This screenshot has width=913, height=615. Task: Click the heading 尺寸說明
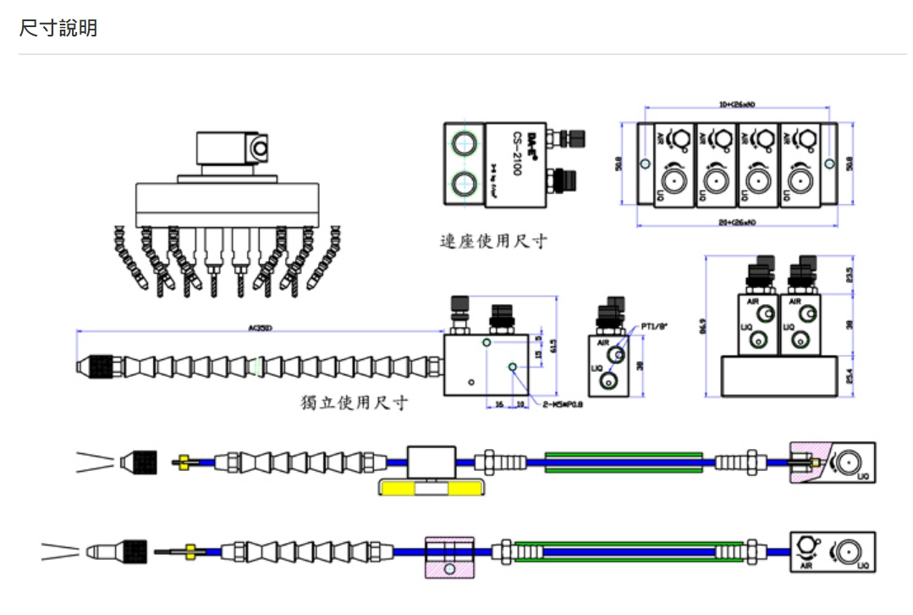pyautogui.click(x=58, y=28)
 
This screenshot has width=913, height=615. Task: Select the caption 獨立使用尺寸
pyautogui.click(x=355, y=402)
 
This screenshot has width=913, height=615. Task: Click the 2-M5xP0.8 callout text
pyautogui.click(x=563, y=405)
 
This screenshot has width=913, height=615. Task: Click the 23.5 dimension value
pyautogui.click(x=849, y=275)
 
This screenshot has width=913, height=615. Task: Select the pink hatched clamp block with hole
pyautogui.click(x=448, y=557)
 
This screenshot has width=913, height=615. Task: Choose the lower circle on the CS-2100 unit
pyautogui.click(x=463, y=183)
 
